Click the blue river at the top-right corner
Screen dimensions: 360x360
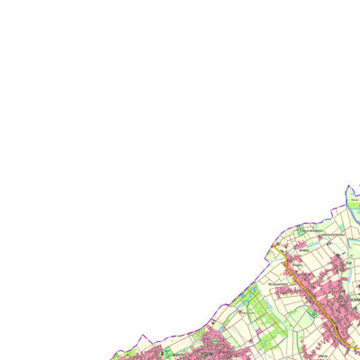pyautogui.click(x=351, y=193)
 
